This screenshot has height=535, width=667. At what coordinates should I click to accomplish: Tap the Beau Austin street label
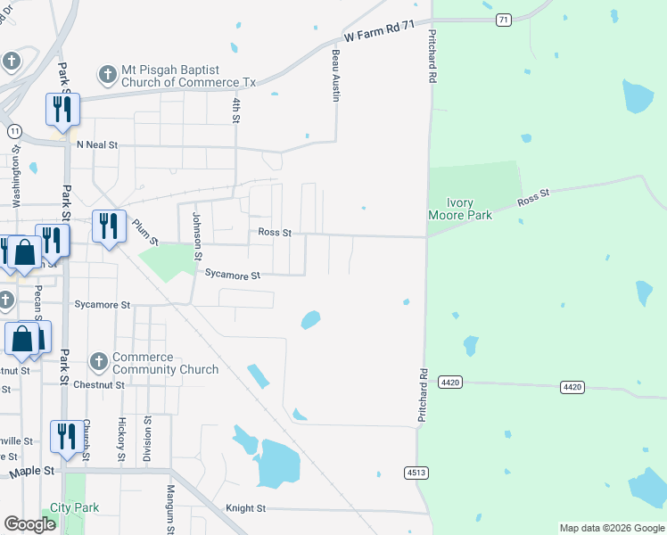click(x=336, y=75)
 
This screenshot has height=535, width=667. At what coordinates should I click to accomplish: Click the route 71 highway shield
click(x=504, y=19)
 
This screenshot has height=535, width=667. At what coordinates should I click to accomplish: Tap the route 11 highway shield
click(x=14, y=131)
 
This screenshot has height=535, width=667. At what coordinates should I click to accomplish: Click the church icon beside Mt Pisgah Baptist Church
click(x=108, y=75)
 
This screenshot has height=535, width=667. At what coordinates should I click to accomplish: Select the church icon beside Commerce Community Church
click(x=99, y=362)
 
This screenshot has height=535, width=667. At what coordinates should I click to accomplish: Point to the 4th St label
click(x=236, y=111)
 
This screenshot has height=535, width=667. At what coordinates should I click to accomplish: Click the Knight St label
click(x=246, y=508)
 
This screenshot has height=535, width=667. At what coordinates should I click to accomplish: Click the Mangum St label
click(x=170, y=503)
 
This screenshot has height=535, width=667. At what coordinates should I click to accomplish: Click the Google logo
click(x=29, y=524)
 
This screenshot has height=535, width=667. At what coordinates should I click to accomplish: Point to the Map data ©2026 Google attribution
click(x=612, y=528)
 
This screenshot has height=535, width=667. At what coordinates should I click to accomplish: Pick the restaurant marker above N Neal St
click(x=62, y=110)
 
